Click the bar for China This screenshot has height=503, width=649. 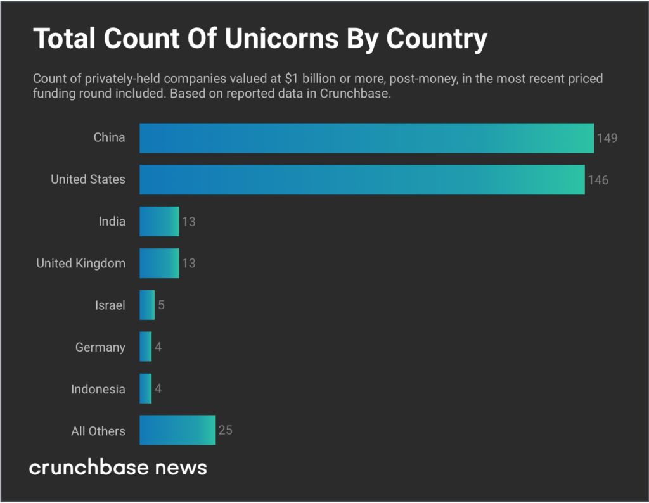(x=366, y=138)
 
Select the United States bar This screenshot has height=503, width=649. (x=362, y=180)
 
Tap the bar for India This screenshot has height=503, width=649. (x=159, y=222)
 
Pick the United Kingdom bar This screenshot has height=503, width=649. (x=159, y=264)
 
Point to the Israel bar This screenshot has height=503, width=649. (x=147, y=305)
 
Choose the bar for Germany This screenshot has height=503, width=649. (x=146, y=347)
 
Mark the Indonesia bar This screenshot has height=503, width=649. (x=146, y=389)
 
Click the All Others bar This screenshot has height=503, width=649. (x=177, y=431)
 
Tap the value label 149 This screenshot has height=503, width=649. (x=607, y=138)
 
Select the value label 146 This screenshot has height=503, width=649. (x=598, y=180)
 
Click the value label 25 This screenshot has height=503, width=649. (x=225, y=431)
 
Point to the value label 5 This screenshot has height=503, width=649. (x=161, y=305)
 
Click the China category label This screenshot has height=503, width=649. (x=110, y=137)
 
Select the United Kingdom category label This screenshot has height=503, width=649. (x=80, y=264)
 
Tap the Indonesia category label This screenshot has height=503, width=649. (x=98, y=389)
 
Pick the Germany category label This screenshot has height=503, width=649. (x=100, y=348)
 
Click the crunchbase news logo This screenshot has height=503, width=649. (x=119, y=468)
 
